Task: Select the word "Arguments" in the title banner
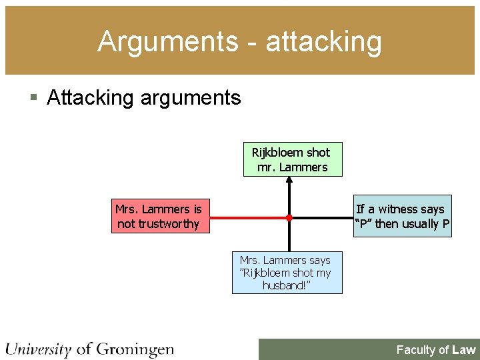[167, 41]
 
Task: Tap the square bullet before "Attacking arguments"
[35, 98]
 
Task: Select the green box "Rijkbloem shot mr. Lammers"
[292, 159]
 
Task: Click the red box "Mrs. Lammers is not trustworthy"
[158, 217]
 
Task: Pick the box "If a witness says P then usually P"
[402, 217]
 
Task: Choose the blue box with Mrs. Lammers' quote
[286, 273]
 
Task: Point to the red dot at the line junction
[289, 217]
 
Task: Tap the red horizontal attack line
[247, 217]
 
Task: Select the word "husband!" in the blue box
[286, 285]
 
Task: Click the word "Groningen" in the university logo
[135, 349]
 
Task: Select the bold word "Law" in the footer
[463, 350]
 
